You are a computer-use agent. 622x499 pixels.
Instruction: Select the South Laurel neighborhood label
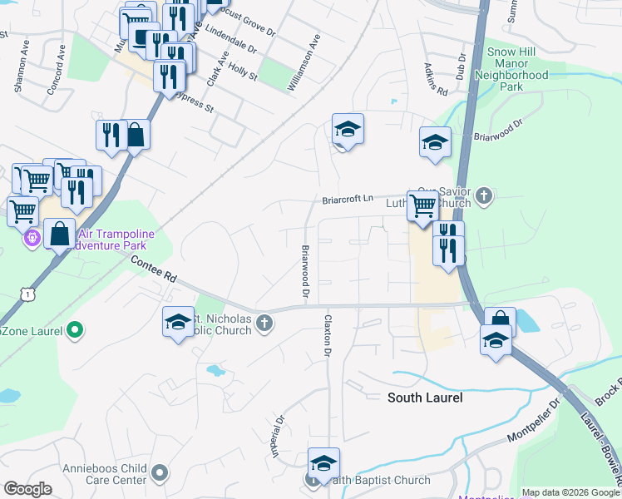coord(425,398)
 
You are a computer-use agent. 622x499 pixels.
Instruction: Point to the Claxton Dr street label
coord(328,337)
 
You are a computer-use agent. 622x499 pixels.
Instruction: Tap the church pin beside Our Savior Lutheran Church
coord(485,197)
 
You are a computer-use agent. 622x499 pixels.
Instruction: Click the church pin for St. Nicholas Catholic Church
coord(264,324)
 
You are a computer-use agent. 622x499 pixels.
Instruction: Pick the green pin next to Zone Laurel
coord(75,330)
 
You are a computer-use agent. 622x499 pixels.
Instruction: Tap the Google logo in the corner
coord(27,489)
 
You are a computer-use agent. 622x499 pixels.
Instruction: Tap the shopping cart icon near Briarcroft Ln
coord(423,204)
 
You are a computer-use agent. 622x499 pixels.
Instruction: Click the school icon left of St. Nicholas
coord(178,323)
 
